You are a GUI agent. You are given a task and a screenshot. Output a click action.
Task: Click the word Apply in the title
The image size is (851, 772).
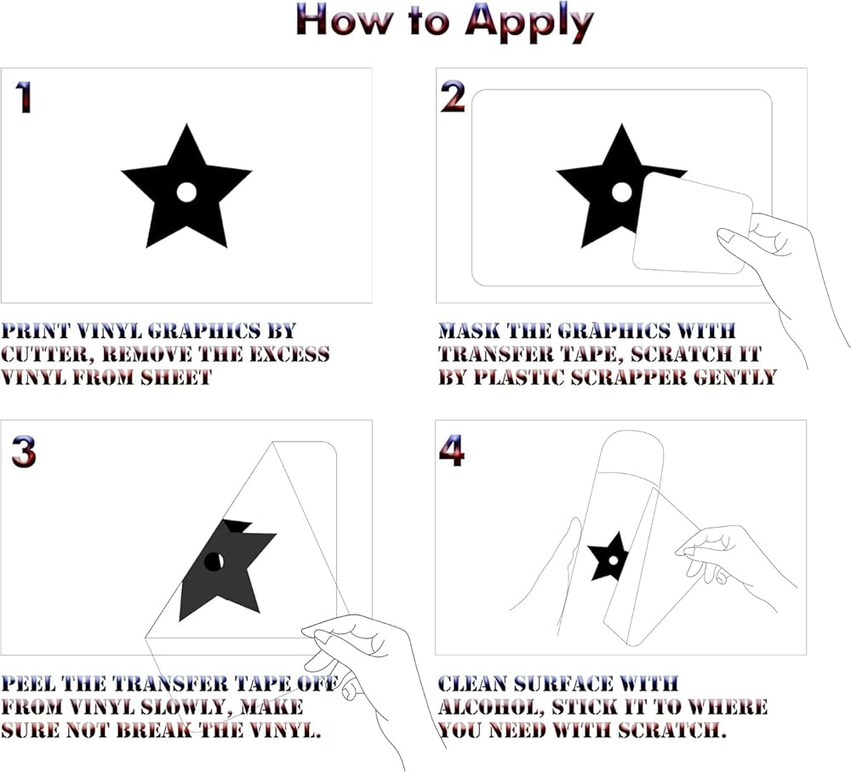click(x=529, y=22)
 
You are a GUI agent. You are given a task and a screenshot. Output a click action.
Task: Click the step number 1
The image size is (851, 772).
click(x=23, y=98)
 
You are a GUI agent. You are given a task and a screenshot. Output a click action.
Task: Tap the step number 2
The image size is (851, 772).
click(x=453, y=97)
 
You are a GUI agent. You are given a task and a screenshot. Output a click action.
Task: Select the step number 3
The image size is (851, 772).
click(x=24, y=452)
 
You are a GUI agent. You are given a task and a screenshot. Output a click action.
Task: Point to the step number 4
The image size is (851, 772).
click(x=452, y=450)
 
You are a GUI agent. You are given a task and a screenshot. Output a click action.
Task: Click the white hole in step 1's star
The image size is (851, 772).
click(x=186, y=192)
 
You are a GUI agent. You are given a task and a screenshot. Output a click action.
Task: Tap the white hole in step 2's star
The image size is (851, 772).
click(x=621, y=192)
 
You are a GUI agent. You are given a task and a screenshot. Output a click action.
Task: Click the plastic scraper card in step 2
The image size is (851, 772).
click(x=693, y=223)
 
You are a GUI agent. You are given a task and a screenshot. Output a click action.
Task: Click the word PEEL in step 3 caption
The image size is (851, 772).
click(x=28, y=683)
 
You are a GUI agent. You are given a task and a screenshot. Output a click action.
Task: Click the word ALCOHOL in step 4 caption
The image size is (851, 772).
click(x=491, y=707)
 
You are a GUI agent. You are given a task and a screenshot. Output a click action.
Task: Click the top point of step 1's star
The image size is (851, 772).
click(x=186, y=124)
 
